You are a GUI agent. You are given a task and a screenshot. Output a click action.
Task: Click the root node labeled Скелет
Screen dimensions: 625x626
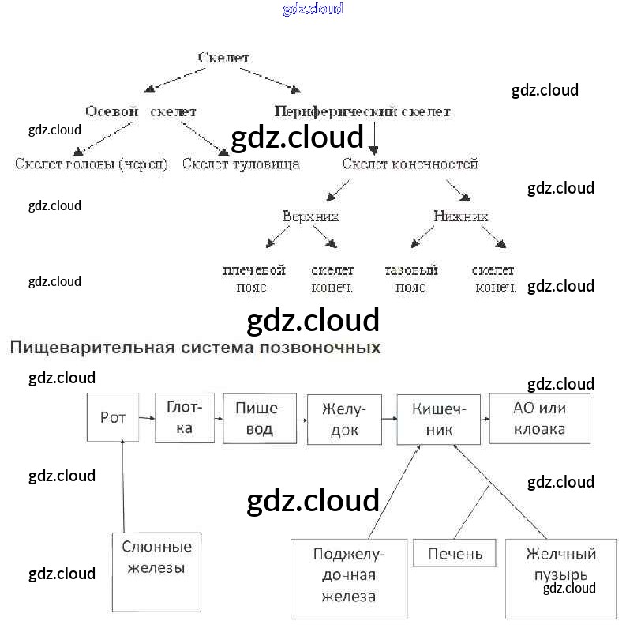[223, 58]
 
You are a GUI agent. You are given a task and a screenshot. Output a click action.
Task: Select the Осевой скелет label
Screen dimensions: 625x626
[141, 111]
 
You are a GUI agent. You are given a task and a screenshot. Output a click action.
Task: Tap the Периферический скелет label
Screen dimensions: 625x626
[362, 111]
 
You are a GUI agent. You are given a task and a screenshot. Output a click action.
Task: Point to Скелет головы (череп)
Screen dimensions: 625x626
[92, 164]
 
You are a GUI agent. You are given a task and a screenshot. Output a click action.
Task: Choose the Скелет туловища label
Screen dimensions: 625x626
[241, 164]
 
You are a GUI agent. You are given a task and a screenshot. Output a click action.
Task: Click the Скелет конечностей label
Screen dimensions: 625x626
[410, 164]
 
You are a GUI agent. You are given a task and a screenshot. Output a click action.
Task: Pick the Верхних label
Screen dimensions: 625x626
[311, 216]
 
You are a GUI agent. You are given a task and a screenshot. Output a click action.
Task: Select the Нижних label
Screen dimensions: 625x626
[460, 216]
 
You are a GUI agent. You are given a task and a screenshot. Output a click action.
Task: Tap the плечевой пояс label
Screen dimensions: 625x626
[253, 279]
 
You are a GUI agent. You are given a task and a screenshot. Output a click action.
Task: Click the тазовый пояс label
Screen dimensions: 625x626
[411, 279]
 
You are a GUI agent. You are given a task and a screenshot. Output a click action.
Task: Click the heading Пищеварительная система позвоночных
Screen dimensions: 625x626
[195, 347]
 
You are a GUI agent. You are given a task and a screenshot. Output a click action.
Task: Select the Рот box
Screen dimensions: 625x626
[114, 416]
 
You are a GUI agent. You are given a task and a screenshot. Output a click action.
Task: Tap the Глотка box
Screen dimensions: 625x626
[185, 417]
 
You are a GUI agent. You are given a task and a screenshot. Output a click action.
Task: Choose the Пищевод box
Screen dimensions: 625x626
[261, 418]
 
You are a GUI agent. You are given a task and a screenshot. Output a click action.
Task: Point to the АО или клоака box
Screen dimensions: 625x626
[540, 418]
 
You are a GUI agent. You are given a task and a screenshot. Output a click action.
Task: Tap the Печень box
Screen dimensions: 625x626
[455, 553]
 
